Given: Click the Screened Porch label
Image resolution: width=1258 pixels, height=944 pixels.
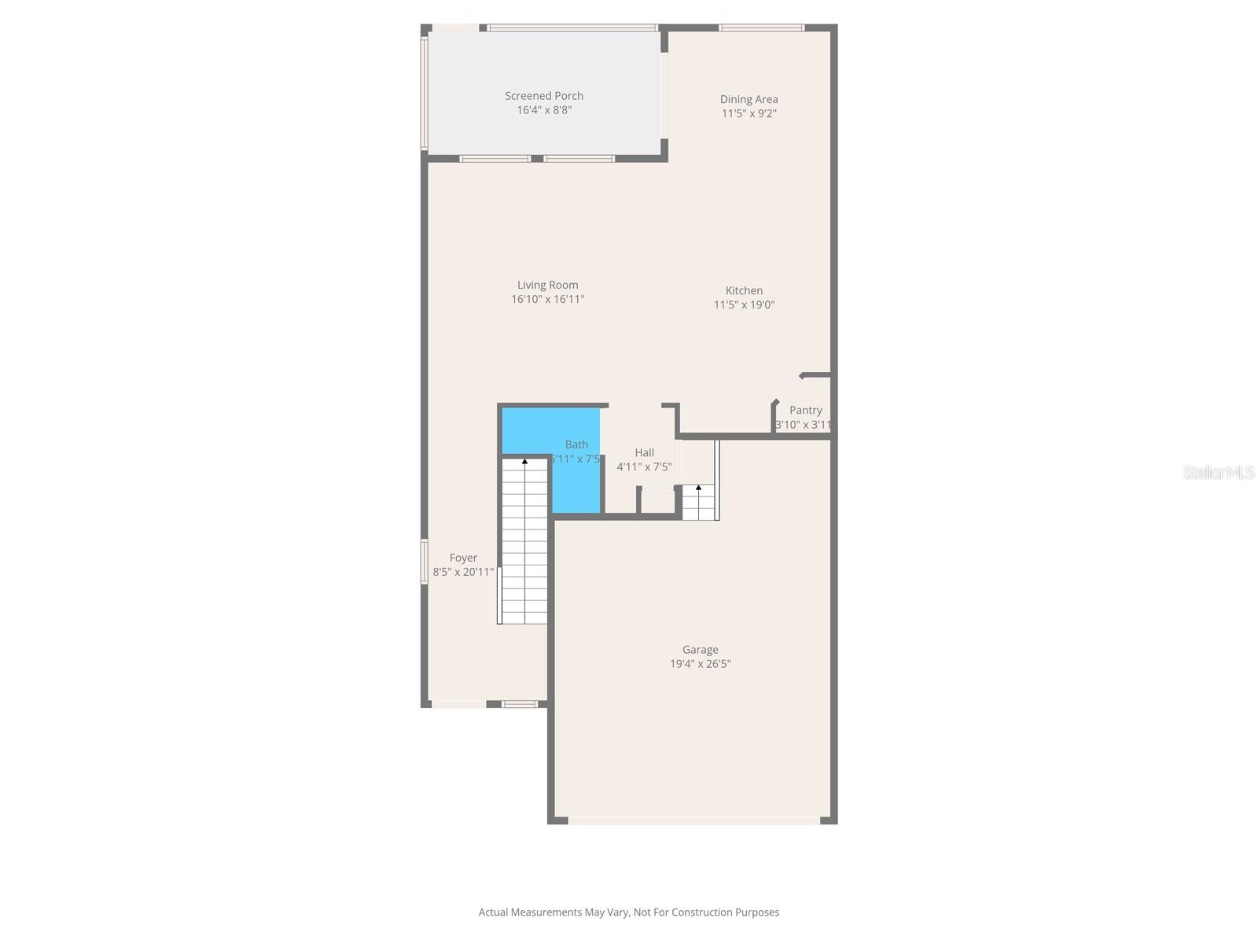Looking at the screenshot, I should pos(544,96).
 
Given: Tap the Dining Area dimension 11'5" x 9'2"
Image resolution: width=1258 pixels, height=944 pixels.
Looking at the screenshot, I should pos(749,113).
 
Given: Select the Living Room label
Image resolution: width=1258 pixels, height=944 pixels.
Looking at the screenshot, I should pos(547,286).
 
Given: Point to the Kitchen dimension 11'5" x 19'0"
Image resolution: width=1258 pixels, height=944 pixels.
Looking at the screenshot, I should pos(744,305).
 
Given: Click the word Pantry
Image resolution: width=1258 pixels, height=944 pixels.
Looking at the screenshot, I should pos(805,411).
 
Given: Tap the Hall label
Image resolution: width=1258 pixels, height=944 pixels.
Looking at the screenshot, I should pos(644,453).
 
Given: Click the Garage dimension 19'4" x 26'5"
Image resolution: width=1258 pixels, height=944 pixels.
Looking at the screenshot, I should pos(700,664).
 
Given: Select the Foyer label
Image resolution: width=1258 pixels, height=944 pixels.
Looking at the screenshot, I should pos(463,559).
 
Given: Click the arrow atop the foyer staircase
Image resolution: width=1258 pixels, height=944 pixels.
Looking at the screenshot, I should pos(524,462).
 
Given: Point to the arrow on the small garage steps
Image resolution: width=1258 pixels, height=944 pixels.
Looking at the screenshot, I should pos(698,488).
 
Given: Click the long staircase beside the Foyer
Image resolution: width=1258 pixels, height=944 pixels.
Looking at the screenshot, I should pos(524,551).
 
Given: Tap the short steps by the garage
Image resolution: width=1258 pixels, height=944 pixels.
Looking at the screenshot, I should pos(698,504).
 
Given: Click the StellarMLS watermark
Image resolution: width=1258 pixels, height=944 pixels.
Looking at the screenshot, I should pos(1219,472).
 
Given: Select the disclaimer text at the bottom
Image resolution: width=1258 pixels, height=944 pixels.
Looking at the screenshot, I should pos(629,913).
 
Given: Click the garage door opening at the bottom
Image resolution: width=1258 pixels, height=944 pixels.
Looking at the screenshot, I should pos(693,820).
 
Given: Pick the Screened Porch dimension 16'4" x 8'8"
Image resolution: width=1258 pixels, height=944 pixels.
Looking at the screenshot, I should pos(544,110).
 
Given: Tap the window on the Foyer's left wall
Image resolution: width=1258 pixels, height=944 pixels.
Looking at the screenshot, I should pos(425,561).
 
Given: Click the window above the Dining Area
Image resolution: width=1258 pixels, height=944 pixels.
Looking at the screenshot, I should pos(761,28).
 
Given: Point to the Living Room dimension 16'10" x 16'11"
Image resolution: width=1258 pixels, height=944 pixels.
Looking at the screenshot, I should pos(547,300).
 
